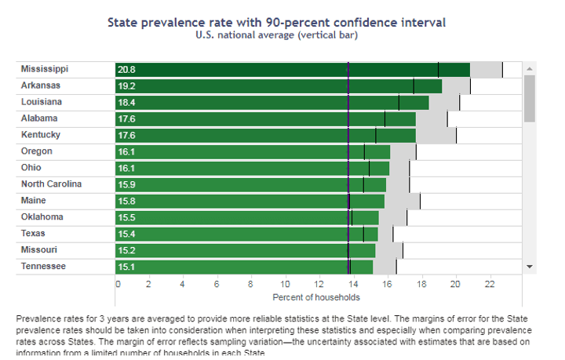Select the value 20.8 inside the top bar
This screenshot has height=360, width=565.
(127, 70)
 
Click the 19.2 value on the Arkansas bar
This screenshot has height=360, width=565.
(127, 86)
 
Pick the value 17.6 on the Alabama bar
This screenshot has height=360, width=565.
(127, 119)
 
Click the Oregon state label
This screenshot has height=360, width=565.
(37, 151)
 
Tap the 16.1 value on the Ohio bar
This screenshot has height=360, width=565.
(127, 169)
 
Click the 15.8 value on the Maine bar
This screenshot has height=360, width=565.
(127, 202)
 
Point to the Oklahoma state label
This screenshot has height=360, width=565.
(43, 217)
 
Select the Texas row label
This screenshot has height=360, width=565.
(34, 234)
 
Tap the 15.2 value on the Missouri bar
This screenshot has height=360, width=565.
(127, 251)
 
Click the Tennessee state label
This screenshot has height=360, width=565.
(44, 267)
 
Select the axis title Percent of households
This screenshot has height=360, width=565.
(316, 297)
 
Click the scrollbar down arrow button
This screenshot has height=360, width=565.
(529, 267)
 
